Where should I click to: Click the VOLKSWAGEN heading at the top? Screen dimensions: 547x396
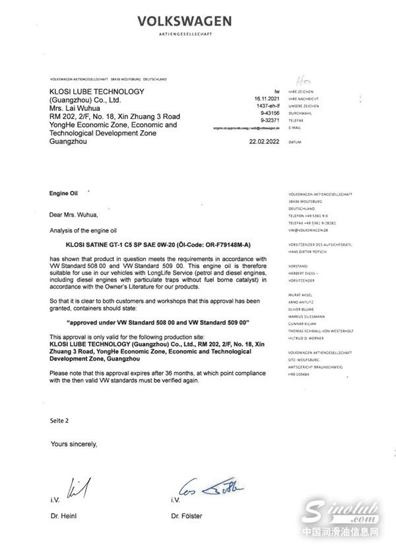(x=184, y=22)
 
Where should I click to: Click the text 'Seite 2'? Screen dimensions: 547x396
(x=59, y=420)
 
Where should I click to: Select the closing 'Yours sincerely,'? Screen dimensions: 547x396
(x=74, y=444)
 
